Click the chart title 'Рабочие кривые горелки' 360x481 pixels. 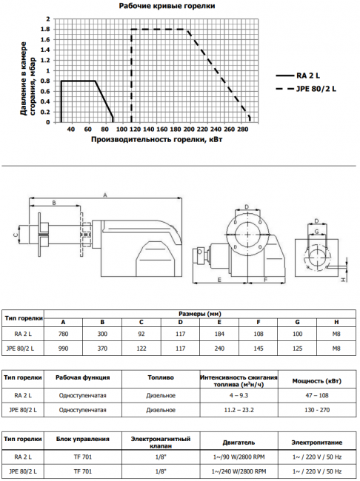(x=167, y=6)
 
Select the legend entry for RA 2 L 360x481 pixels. (x=298, y=75)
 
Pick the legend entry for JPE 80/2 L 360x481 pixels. (x=306, y=89)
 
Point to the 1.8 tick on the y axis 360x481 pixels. (x=46, y=30)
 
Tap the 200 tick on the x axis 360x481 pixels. (x=189, y=129)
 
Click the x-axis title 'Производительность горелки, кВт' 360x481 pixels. (x=156, y=140)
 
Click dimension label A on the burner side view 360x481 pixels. (x=104, y=195)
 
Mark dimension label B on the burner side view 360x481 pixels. (x=54, y=203)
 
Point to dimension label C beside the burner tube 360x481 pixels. (x=16, y=235)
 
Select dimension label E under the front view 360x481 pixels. (x=219, y=280)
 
